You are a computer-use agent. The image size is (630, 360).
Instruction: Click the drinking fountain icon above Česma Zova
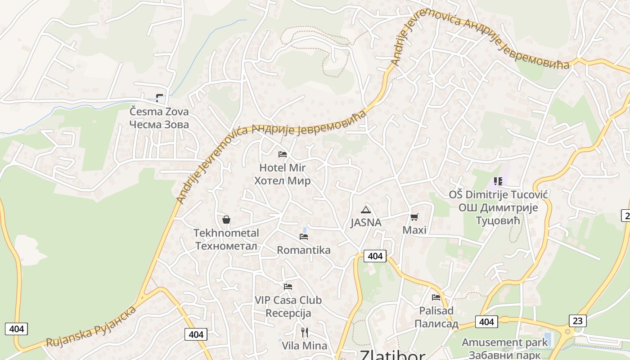[159, 98]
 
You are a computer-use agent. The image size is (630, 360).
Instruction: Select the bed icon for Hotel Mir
[283, 154]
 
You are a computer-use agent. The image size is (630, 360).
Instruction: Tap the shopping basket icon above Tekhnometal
[226, 220]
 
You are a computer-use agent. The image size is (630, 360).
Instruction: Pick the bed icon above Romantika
[304, 236]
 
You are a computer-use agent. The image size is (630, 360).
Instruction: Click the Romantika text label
[304, 250]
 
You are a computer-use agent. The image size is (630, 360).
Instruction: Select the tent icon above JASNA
[366, 209]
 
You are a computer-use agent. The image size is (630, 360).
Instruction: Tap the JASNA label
[366, 223]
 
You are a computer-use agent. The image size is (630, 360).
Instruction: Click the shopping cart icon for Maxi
[414, 217]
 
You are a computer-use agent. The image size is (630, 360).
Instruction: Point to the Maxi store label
[414, 230]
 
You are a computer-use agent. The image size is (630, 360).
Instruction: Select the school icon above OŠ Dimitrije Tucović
[498, 181]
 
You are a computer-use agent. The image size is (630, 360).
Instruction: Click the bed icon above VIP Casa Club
[288, 286]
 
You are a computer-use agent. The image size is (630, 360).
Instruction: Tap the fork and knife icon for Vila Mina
[305, 333]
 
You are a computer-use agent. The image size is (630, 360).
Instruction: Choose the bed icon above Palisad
[436, 297]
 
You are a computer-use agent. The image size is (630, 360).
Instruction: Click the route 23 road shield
[577, 321]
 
